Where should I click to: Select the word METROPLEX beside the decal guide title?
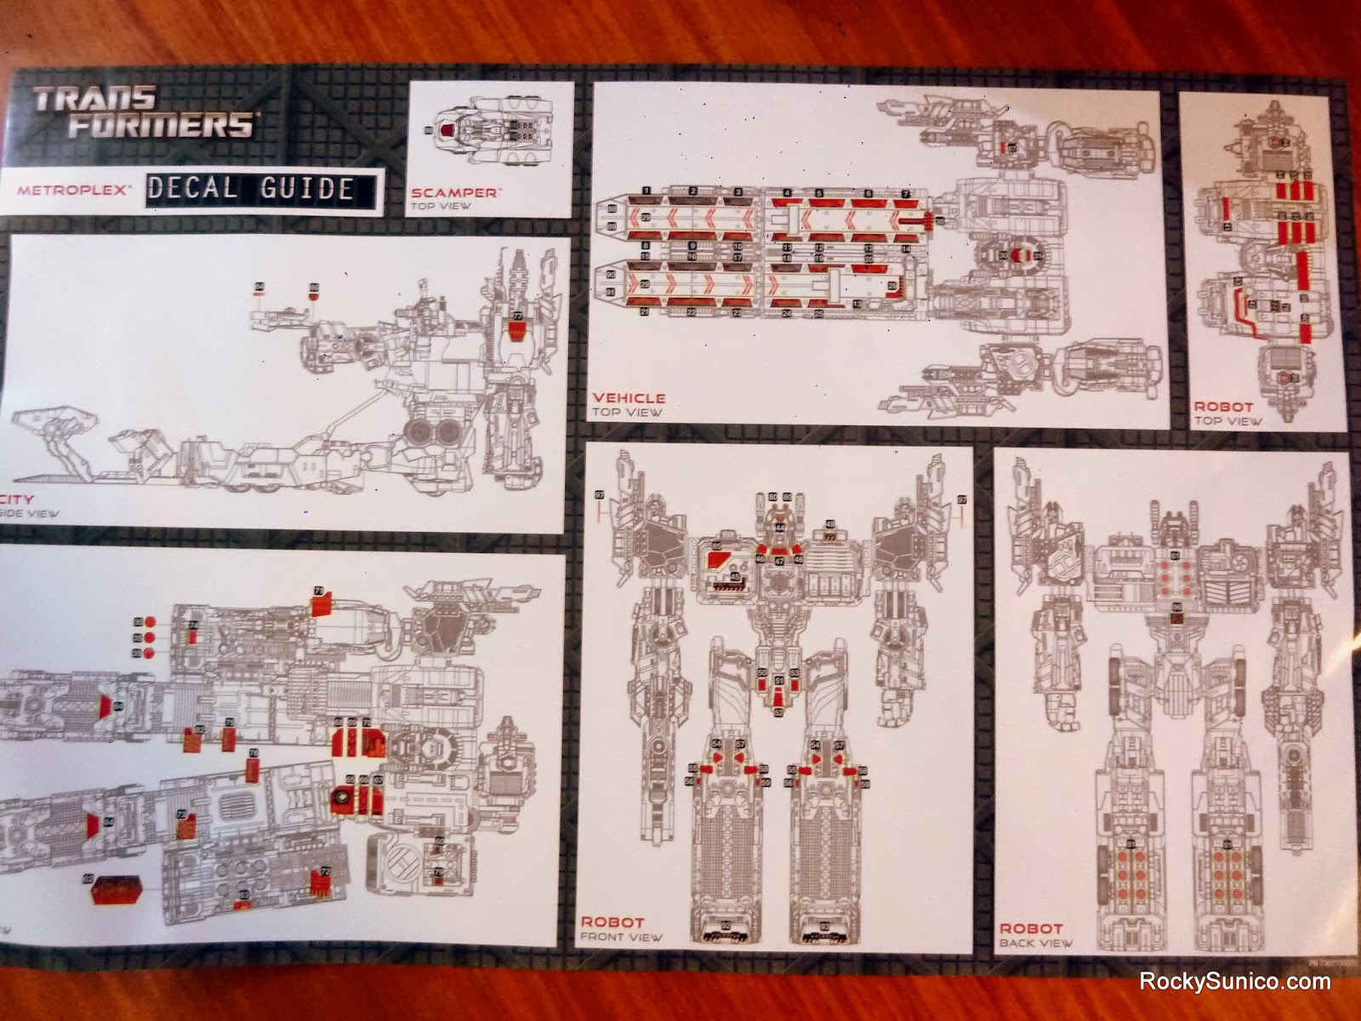tap(73, 190)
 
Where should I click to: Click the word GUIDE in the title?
tap(306, 187)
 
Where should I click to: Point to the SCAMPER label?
tap(453, 193)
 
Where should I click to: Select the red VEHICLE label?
tap(629, 397)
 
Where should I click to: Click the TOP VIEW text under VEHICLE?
tap(627, 413)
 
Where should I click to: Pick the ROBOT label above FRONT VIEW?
tap(612, 921)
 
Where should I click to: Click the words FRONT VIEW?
tap(621, 937)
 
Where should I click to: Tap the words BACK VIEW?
tap(1036, 943)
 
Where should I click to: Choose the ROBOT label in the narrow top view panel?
tap(1223, 407)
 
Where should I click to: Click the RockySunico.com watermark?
tap(1234, 981)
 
